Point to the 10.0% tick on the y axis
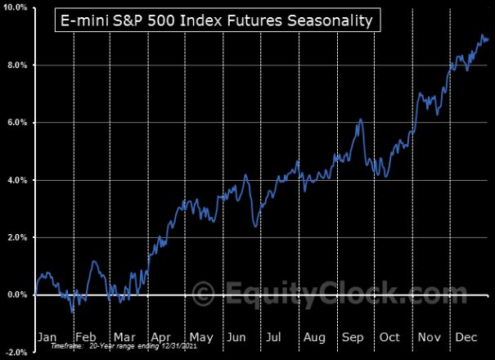(16, 7)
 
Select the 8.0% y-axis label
(17, 65)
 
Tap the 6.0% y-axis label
(17, 123)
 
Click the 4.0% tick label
(17, 180)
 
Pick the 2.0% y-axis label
(17, 237)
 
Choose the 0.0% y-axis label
(17, 295)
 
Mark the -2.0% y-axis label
(16, 353)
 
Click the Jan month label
(48, 337)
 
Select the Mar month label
(124, 337)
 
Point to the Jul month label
(274, 337)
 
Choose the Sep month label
(353, 337)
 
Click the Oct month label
(389, 337)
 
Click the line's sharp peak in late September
(361, 119)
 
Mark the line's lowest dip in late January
(72, 312)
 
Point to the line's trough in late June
(256, 227)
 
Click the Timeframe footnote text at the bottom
(124, 346)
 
